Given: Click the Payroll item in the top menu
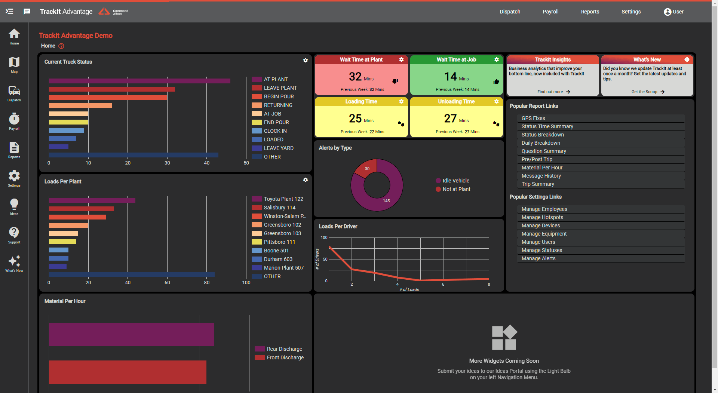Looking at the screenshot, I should coord(550,12).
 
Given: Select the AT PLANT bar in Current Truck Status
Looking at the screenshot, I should coord(139,81).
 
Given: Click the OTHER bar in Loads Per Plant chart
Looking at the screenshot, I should coord(131,274).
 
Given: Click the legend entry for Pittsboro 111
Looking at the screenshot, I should coord(279,242).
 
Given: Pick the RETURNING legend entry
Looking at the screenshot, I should coord(277,105).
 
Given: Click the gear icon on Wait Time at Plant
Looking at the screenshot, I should coord(401,59).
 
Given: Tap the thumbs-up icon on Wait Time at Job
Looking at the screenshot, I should coord(496,82).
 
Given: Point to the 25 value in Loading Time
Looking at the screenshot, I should coord(355,119).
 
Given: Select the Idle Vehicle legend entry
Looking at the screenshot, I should coord(455,181).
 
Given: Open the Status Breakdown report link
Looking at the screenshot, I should coord(543,135).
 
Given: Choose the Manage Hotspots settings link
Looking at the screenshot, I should coord(542,217).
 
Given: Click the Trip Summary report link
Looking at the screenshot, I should coord(538,184).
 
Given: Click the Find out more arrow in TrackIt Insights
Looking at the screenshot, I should coord(568,92).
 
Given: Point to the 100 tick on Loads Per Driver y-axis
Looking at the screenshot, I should coord(324,237).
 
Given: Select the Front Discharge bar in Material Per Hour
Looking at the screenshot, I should coord(128,372).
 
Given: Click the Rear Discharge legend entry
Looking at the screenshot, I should coord(284,349).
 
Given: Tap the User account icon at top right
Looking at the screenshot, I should coord(668,12).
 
